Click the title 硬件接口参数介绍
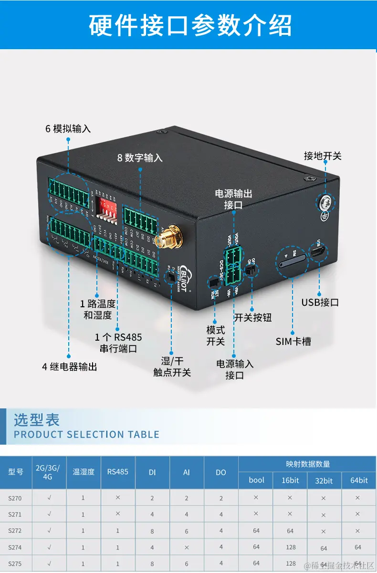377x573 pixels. (189, 25)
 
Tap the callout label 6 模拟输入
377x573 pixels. (68, 129)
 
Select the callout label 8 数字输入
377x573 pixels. (140, 157)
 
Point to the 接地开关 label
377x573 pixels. (323, 156)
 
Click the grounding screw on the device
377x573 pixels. (325, 203)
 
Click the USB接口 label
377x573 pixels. (320, 302)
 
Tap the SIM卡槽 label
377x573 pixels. (293, 341)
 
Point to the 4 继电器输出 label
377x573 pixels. (69, 366)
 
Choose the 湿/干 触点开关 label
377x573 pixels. (172, 366)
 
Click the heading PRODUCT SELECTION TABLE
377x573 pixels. (86, 434)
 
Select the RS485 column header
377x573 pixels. (118, 472)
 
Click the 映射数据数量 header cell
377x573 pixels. (307, 464)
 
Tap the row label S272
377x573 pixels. (15, 531)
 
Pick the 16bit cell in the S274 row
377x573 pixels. (291, 547)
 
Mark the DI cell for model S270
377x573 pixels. (152, 498)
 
